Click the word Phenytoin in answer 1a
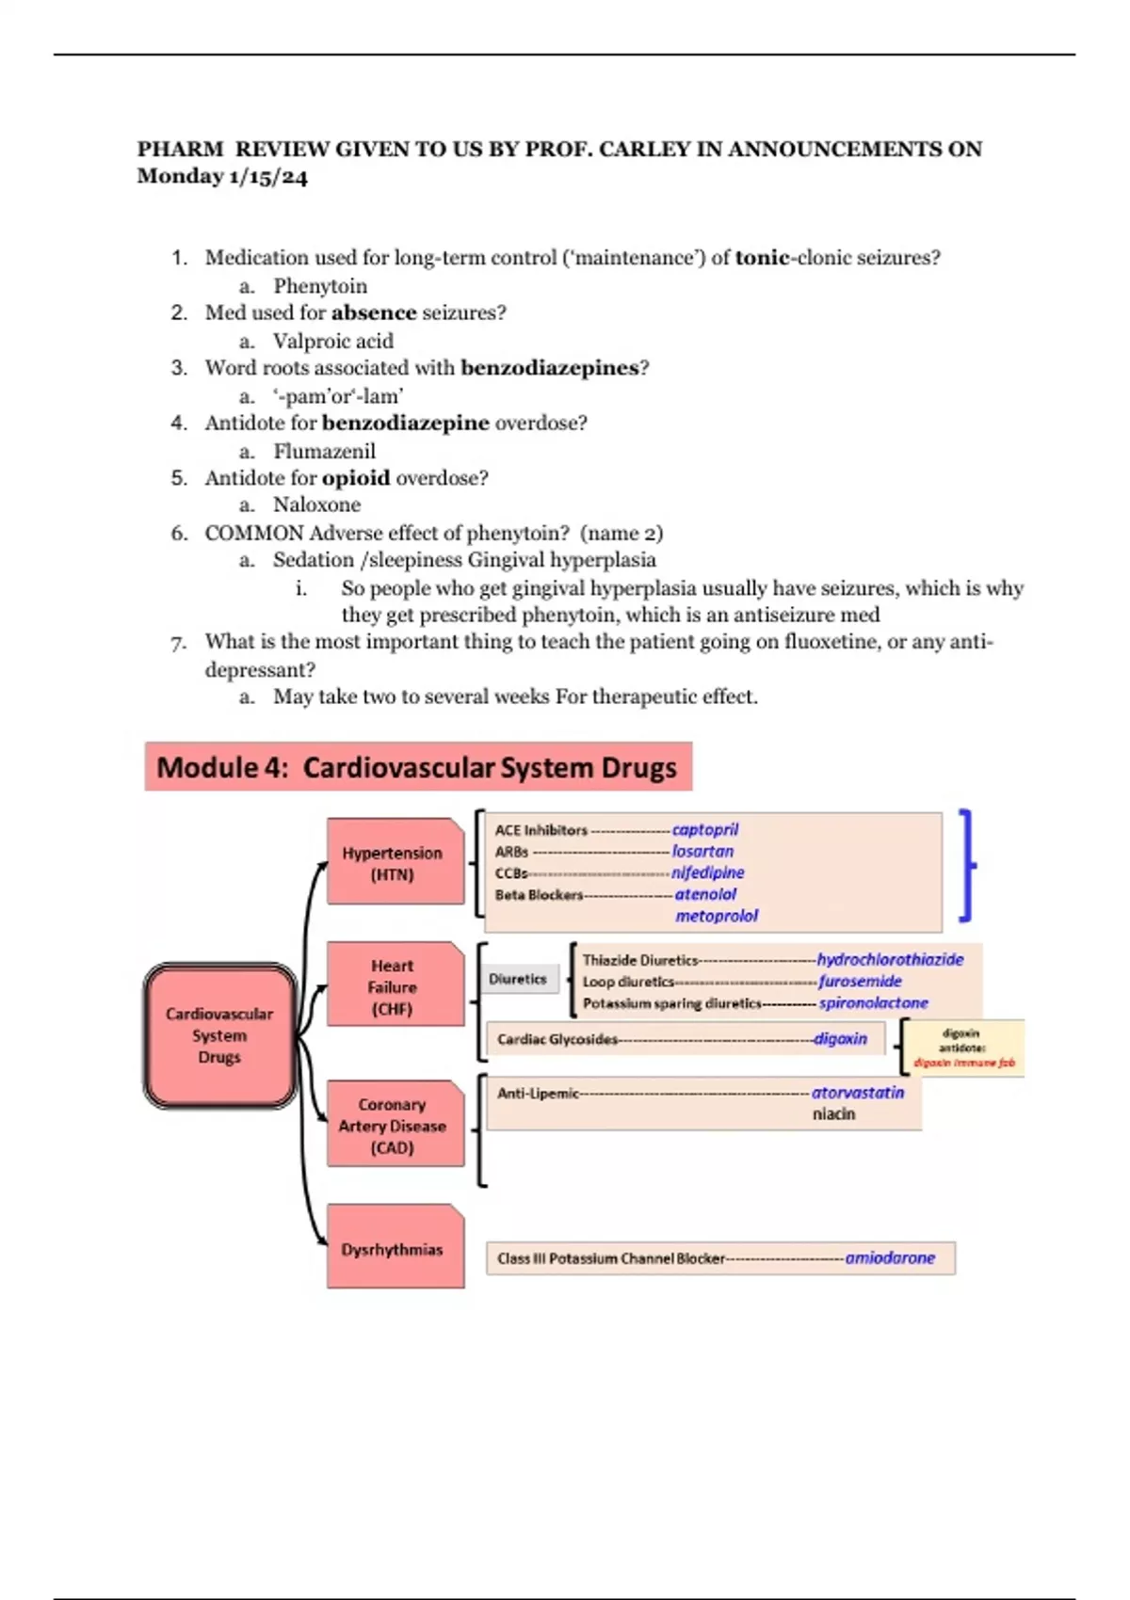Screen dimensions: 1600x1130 [320, 286]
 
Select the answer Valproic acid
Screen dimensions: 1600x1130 [333, 341]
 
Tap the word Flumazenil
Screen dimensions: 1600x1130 [324, 451]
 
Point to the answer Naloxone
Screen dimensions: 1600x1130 [316, 504]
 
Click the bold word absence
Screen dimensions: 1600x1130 [374, 312]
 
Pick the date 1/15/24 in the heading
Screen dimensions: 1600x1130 [267, 177]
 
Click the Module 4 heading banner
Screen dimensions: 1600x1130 [417, 767]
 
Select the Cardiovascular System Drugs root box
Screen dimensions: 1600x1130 [220, 1035]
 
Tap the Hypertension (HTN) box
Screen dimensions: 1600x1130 [394, 863]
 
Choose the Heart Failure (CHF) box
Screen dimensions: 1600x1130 [394, 986]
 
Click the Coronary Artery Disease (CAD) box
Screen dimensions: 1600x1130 [394, 1126]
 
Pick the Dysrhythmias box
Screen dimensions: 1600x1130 [394, 1249]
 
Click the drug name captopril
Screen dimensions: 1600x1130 [704, 829]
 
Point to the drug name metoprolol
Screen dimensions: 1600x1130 [716, 916]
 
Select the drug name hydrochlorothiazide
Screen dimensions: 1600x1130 [890, 959]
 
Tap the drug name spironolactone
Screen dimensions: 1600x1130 [873, 1003]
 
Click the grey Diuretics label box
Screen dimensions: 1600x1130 [518, 979]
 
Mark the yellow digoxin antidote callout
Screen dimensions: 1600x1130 [962, 1048]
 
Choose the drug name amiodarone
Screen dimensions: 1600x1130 [890, 1257]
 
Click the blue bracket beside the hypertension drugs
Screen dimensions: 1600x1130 [966, 864]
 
